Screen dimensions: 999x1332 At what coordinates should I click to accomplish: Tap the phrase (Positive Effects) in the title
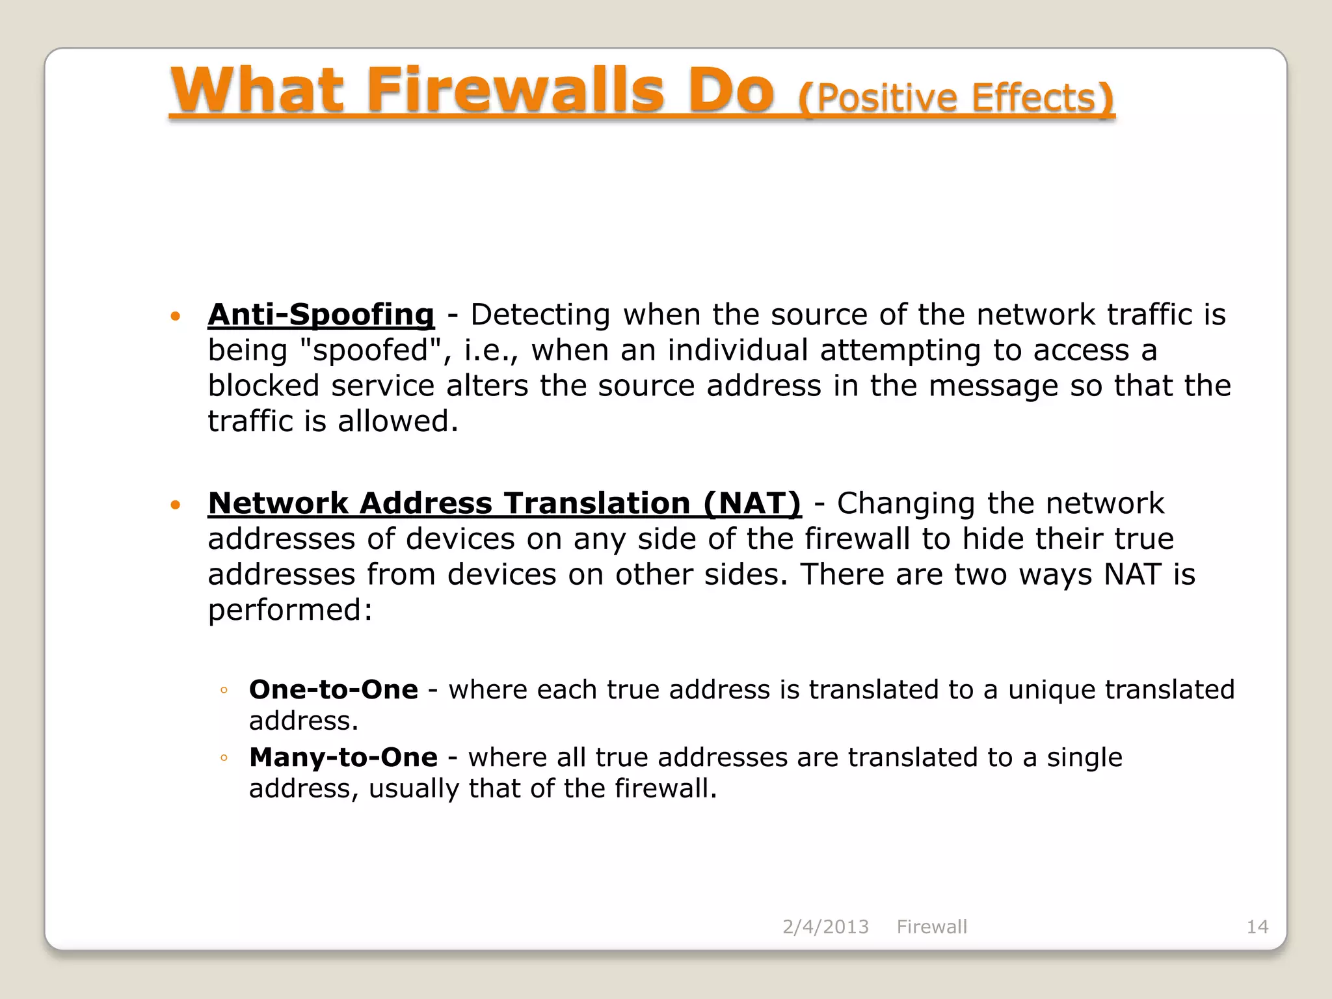[x=956, y=98]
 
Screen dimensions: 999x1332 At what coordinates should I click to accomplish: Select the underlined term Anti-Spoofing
[x=321, y=315]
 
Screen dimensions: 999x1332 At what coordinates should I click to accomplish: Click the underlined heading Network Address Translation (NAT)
[x=505, y=503]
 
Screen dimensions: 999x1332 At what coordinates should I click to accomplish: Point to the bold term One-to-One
[x=334, y=689]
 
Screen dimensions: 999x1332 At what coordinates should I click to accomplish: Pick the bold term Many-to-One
[x=343, y=757]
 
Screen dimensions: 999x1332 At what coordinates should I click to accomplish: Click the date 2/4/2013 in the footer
[x=825, y=927]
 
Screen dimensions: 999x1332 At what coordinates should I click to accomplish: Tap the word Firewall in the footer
[x=931, y=927]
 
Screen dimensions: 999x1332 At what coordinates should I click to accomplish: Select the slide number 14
[x=1257, y=927]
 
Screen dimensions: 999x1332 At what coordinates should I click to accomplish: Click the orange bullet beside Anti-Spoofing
[x=174, y=317]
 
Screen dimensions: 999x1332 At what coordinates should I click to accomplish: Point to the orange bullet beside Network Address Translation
[x=174, y=505]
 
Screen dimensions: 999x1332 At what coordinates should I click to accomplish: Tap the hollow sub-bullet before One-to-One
[x=224, y=691]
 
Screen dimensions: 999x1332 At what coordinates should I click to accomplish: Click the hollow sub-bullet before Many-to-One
[x=224, y=758]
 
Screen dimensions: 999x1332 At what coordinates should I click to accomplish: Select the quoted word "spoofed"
[x=371, y=351]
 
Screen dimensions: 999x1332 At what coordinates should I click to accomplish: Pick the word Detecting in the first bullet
[x=540, y=315]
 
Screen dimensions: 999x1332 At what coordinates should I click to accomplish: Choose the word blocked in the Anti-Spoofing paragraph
[x=263, y=386]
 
